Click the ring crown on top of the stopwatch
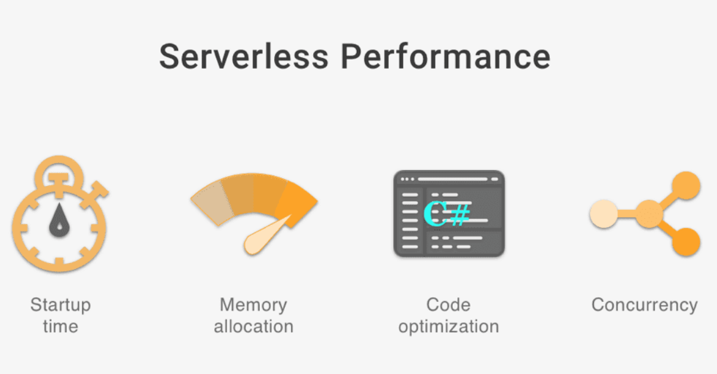[59, 169]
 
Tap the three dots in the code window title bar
[407, 179]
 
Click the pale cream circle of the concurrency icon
[603, 214]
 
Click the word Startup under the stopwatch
[60, 305]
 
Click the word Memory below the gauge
[253, 305]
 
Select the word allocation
[253, 326]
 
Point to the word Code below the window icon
[448, 305]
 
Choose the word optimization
[448, 327]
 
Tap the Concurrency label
[644, 305]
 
